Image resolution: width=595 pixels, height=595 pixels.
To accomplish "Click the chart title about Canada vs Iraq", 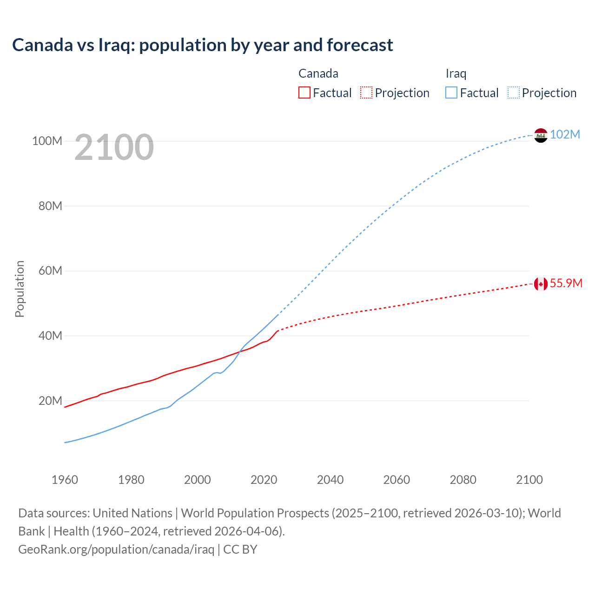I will coord(203,45).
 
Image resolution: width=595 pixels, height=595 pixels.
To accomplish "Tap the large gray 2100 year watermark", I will coord(114,147).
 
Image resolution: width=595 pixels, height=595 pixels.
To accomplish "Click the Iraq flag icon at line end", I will coord(541,135).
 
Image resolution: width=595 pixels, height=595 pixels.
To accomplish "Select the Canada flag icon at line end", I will coord(541,284).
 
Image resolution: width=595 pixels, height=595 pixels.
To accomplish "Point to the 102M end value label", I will coord(565,134).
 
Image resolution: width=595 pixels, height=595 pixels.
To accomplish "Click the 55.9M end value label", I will coord(566,283).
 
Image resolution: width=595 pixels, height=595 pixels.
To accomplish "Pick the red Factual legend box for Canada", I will coord(304,93).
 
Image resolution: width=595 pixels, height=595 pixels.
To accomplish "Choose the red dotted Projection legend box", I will coord(366,93).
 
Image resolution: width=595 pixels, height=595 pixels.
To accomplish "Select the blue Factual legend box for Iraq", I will coord(451,93).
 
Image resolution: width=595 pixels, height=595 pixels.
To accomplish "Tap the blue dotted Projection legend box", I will coord(514,93).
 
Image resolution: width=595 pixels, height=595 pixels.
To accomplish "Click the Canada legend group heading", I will coord(318,73).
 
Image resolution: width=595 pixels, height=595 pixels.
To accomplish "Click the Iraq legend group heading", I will coord(456,73).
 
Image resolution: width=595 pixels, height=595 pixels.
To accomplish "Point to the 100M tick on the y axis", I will coord(47,141).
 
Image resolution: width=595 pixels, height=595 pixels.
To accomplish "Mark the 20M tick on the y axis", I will coord(50,401).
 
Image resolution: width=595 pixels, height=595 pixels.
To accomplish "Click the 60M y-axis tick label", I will coord(50,271).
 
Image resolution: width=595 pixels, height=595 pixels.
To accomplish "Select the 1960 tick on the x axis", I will coord(65,480).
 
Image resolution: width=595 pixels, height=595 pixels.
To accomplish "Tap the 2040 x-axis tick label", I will coord(330,480).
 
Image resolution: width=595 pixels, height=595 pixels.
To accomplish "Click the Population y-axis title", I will coord(20,289).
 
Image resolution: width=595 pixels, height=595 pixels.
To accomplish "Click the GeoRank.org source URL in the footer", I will coord(116,549).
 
